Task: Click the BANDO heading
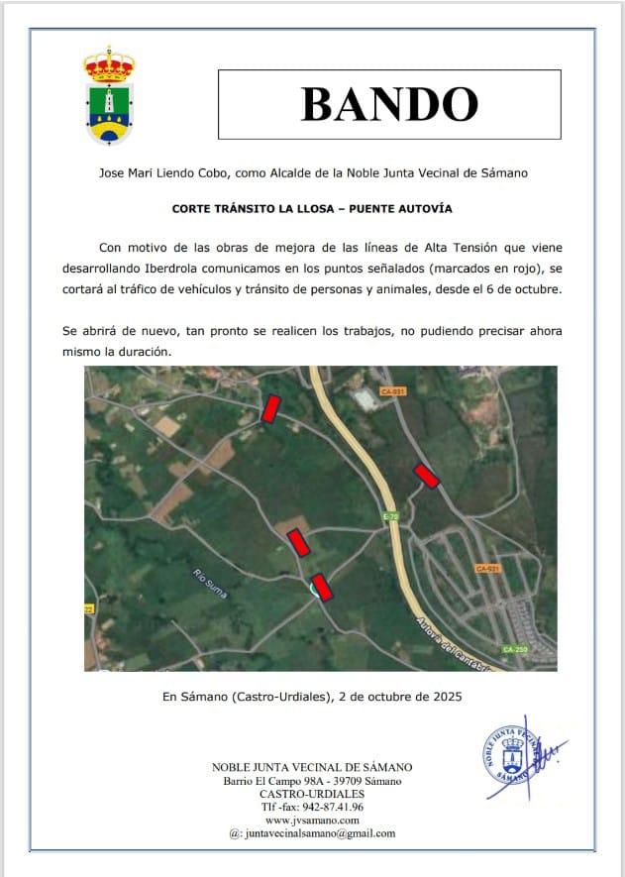click(389, 104)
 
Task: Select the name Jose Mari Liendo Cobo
click(164, 172)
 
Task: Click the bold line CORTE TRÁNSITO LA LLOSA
click(312, 209)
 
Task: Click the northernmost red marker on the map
click(270, 407)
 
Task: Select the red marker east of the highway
click(426, 476)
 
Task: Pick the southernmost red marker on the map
click(322, 587)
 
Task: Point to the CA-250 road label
click(513, 649)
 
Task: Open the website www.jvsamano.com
click(312, 820)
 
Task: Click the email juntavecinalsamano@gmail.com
click(318, 833)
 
